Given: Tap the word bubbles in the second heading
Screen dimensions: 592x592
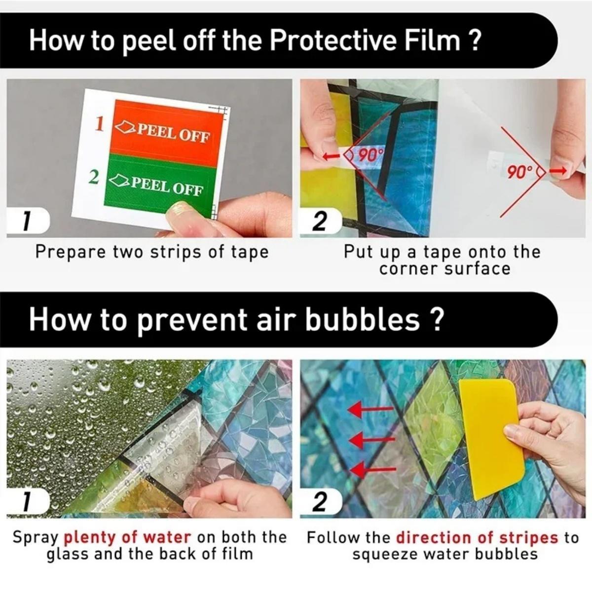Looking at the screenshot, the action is (x=363, y=320).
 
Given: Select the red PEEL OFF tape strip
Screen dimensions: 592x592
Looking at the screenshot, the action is (x=167, y=132).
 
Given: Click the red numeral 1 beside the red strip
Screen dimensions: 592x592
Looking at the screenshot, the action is (x=99, y=124).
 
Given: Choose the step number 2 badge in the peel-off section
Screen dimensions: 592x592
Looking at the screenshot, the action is (x=320, y=222).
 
